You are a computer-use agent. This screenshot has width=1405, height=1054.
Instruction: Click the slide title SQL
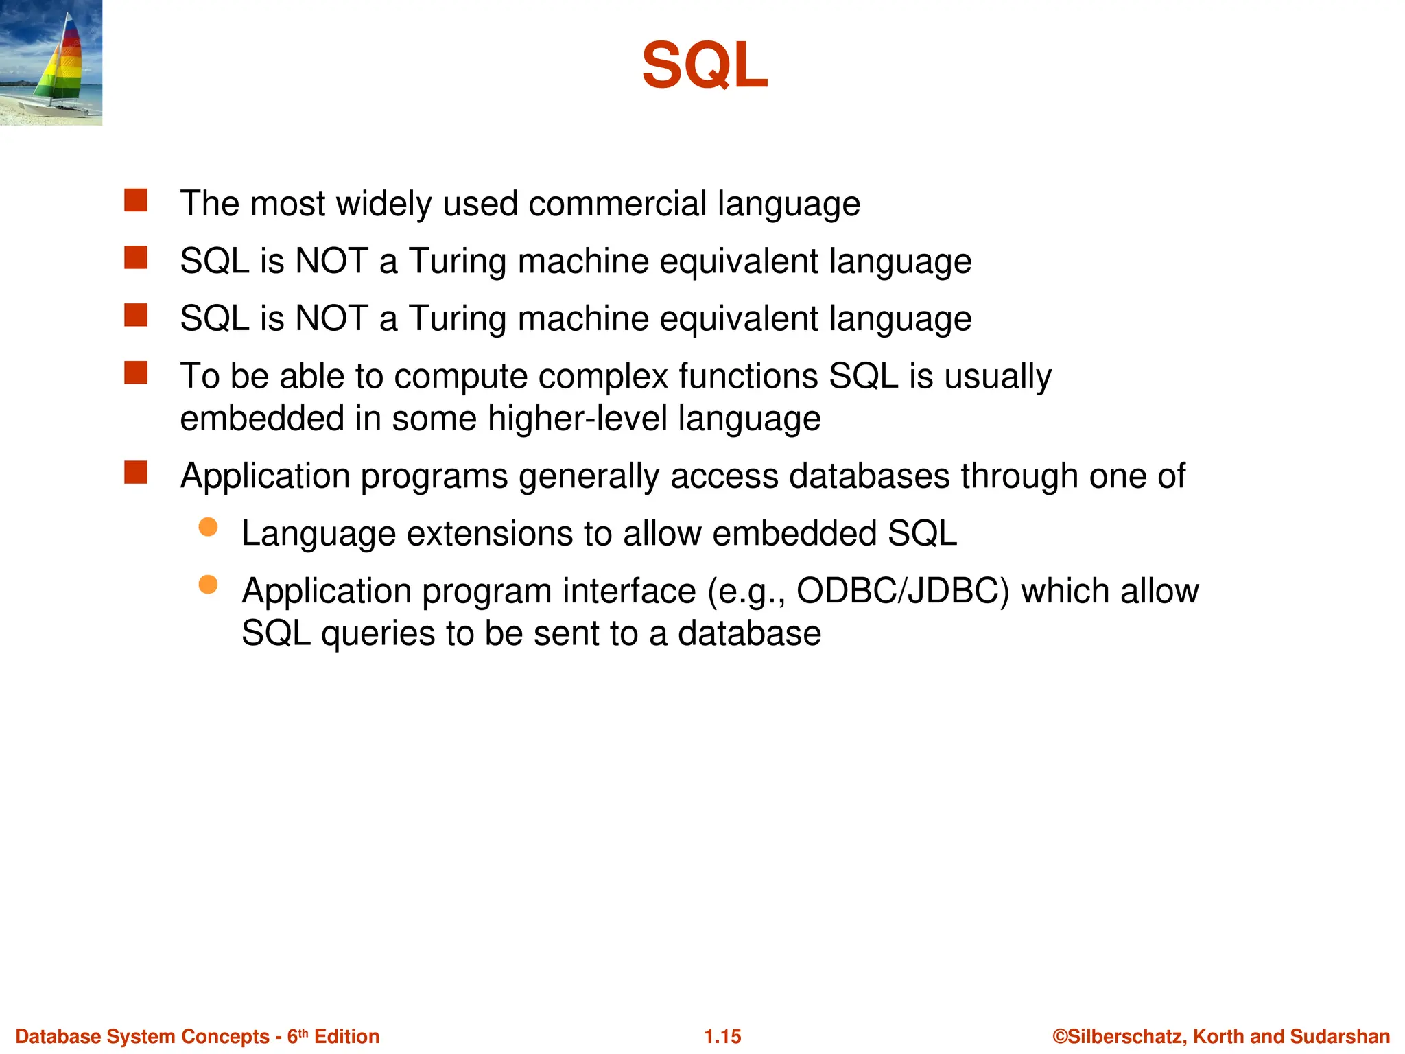click(705, 66)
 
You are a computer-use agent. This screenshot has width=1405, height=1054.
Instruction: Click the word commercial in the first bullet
click(617, 204)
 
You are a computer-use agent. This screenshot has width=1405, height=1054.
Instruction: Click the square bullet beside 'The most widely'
click(136, 201)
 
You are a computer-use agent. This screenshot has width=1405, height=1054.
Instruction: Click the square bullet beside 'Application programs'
click(136, 473)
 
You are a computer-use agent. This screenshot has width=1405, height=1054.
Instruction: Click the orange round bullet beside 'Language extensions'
click(208, 527)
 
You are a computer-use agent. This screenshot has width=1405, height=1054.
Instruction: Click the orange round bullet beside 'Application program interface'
click(208, 585)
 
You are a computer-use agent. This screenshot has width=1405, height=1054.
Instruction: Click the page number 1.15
click(722, 1036)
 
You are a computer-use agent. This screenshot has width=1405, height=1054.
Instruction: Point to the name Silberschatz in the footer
click(1126, 1036)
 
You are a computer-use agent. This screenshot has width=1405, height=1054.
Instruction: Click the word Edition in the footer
click(346, 1036)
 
